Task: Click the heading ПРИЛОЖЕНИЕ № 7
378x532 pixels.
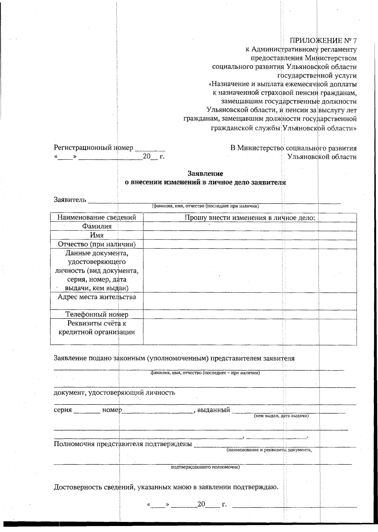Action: pos(323,41)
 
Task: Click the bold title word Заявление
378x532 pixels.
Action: pos(205,174)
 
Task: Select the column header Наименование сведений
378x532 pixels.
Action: pos(96,217)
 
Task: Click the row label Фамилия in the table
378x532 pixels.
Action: pos(97,226)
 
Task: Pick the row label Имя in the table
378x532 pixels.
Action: pos(97,235)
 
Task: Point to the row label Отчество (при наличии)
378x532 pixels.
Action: pos(97,244)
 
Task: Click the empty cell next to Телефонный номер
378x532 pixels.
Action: pos(249,314)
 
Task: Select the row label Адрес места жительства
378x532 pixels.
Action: pos(97,297)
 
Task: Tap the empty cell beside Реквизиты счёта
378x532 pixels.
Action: pos(249,331)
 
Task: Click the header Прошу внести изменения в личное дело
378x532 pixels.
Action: pos(249,217)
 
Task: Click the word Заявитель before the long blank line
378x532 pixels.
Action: pos(70,200)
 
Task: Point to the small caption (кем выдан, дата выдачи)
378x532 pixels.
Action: pos(281,416)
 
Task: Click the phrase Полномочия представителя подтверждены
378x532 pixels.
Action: pos(123,444)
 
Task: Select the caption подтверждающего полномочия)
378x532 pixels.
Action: pos(205,467)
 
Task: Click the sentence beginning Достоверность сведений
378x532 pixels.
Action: pos(166,487)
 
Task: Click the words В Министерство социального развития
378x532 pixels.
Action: pos(293,148)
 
